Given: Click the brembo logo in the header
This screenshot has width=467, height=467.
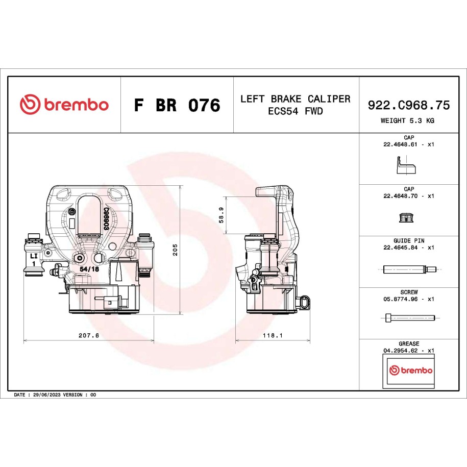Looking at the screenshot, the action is (64, 104).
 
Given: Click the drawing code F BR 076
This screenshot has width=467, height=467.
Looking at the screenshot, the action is (177, 105).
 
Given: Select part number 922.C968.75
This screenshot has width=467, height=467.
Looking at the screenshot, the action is (409, 105).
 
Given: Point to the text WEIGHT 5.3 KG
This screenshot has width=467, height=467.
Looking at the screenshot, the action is (407, 120).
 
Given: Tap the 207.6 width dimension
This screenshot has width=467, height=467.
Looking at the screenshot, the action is (89, 335).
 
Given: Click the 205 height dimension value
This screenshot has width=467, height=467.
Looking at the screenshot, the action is (175, 250).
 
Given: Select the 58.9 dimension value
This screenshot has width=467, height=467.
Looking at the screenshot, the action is (221, 215).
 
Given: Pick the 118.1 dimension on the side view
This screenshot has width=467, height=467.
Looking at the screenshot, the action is (273, 335).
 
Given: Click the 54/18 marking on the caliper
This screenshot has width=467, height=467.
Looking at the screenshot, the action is (89, 269).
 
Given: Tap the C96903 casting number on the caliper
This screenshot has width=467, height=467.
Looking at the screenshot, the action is (106, 218).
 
